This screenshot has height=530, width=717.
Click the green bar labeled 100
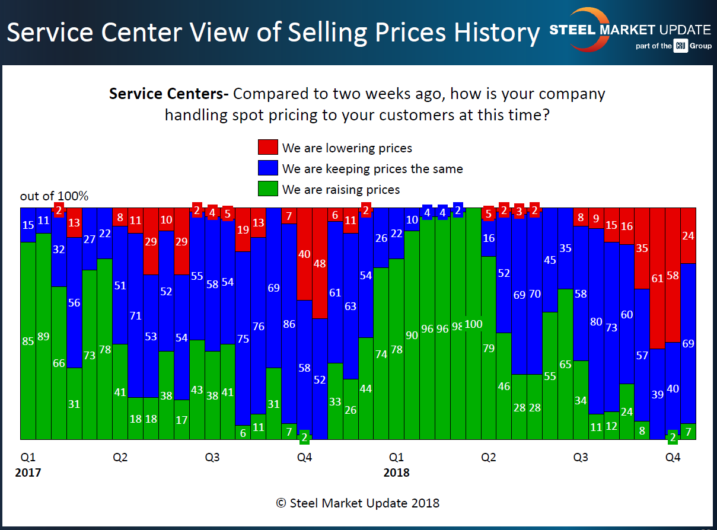point(473,324)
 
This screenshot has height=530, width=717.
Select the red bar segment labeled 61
point(657,278)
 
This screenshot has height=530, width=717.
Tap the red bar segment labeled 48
point(320,263)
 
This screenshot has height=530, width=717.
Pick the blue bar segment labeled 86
point(289,323)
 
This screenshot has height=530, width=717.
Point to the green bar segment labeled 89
point(43,336)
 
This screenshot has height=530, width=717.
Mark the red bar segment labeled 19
point(243,229)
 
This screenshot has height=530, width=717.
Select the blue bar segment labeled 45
point(550,260)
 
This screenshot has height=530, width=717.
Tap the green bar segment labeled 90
point(412,335)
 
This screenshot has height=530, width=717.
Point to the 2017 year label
point(28,472)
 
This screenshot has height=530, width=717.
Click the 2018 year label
point(396,472)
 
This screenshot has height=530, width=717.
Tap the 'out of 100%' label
point(54,196)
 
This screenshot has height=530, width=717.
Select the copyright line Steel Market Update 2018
point(358,503)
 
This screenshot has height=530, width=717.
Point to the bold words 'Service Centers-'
point(170,94)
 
